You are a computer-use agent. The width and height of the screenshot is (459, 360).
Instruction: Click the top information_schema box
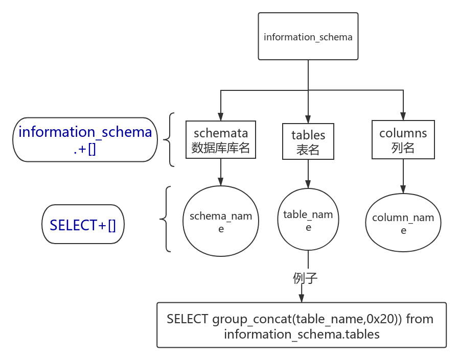pos(308,36)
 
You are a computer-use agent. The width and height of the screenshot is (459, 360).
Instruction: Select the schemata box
pos(221,139)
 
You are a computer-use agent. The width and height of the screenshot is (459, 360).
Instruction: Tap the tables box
pos(308,141)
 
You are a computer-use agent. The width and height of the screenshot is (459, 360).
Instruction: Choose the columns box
pos(403,139)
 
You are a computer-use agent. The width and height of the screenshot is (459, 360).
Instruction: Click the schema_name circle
pos(221,221)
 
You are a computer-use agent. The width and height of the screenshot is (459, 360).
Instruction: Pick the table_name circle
pos(308,220)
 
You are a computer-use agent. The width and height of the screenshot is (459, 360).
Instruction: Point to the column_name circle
pos(403,223)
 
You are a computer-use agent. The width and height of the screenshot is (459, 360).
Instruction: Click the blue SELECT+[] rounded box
pos(83,224)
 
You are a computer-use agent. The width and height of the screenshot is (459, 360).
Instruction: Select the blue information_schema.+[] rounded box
pos(85,139)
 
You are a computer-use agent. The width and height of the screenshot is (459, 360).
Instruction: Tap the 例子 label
pos(305,278)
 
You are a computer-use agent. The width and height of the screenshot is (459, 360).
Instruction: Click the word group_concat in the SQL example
pos(252,319)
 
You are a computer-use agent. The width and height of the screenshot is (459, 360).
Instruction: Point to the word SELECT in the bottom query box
pos(188,319)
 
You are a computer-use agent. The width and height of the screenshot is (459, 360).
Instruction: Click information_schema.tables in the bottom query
pos(302,334)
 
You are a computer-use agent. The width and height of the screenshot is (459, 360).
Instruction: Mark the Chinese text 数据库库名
pos(221,148)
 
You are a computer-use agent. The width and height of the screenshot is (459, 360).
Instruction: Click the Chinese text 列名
pos(403,148)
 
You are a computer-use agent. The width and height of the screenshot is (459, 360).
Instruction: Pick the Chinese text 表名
pos(308,150)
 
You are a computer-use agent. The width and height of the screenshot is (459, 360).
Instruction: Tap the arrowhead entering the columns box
pos(403,116)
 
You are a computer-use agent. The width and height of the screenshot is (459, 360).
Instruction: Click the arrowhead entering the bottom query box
pos(302,298)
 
